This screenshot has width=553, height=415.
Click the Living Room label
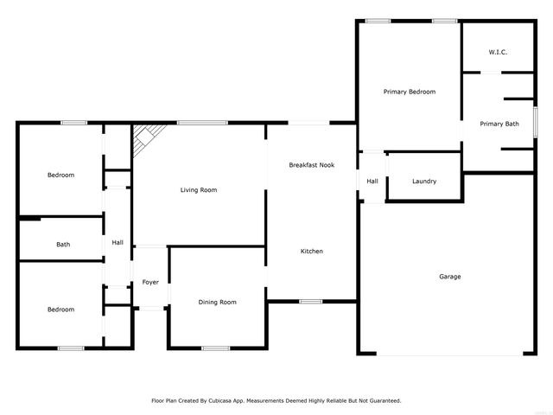coord(198,190)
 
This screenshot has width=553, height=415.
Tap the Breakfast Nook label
coord(311,165)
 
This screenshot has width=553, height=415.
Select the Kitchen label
coord(311,252)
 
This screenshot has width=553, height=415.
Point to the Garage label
coord(449,277)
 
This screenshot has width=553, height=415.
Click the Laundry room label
coord(423,182)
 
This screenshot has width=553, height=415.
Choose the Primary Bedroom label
coord(409,92)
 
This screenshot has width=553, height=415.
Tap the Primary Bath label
coord(499,124)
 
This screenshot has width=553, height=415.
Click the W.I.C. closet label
coord(498,53)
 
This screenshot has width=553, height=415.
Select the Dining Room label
coord(217,302)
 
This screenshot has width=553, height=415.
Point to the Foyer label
coord(150,282)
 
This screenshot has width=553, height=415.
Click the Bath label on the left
coord(63,245)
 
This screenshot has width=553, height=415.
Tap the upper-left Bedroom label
coord(60,176)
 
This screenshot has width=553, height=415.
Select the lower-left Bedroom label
coord(60,310)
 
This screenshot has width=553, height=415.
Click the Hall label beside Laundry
coord(372,182)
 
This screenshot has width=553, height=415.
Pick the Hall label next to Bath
coord(117,243)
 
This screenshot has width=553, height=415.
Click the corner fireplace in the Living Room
coord(144,137)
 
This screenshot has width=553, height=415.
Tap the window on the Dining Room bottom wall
coord(215,348)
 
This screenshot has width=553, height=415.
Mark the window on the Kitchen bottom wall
coord(310,301)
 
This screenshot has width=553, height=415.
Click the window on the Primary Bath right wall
coord(535,120)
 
